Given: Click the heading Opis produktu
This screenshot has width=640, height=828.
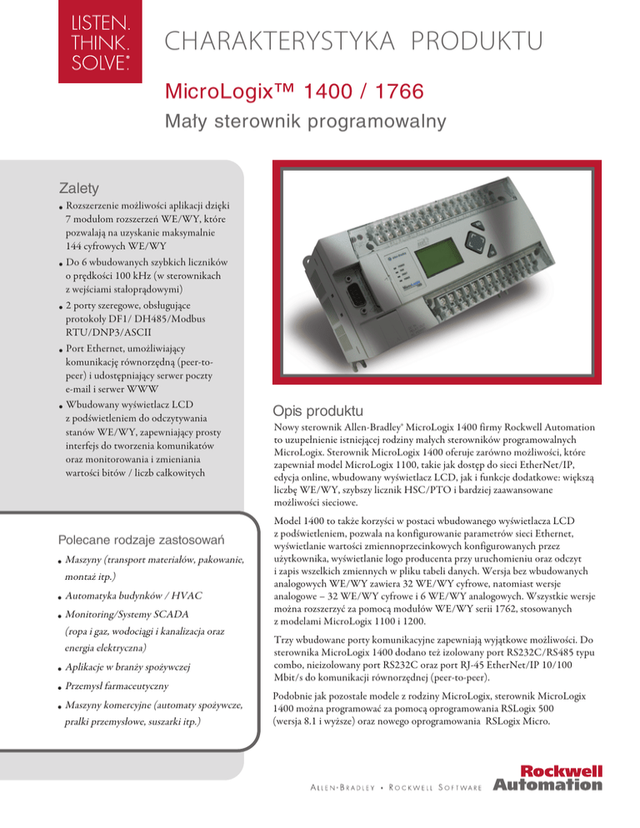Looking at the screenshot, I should (x=317, y=412).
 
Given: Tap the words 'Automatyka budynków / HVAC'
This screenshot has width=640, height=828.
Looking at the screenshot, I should (x=132, y=596).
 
